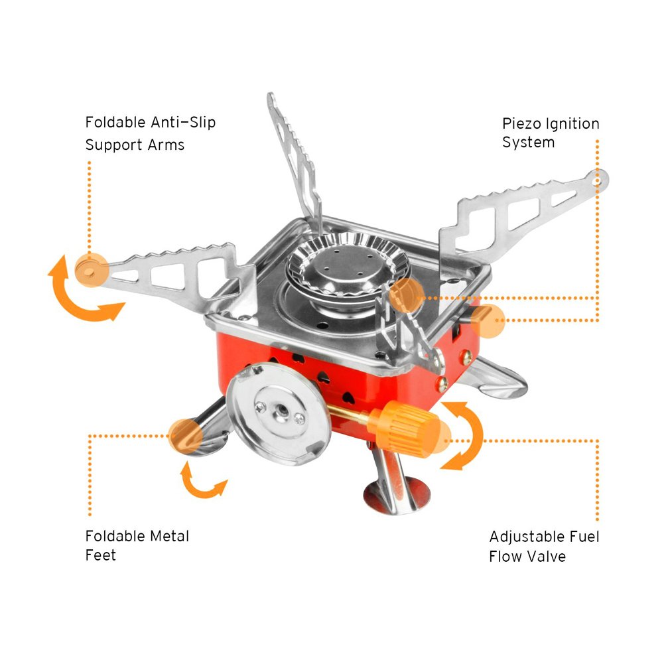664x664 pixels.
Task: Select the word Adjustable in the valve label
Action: coord(527,537)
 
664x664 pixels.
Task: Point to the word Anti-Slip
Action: coord(184,123)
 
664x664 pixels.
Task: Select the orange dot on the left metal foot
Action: coord(185,434)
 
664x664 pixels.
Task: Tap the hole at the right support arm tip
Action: coord(597,178)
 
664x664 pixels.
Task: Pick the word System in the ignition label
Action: coord(528,143)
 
